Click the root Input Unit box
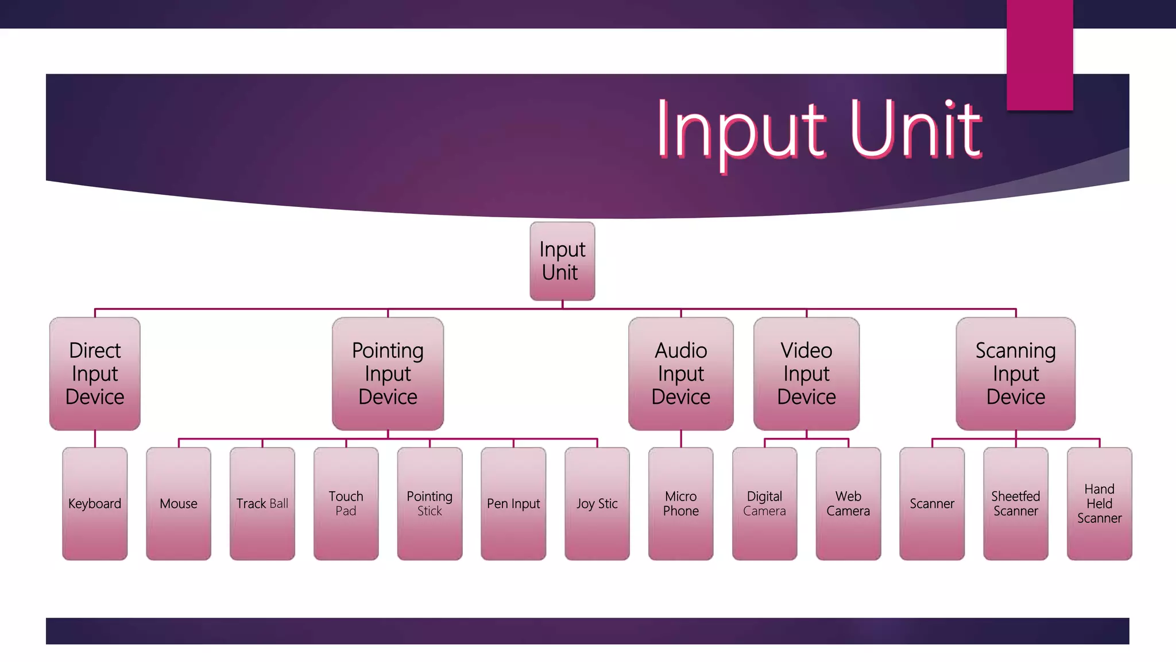[562, 261]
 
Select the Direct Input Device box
[95, 374]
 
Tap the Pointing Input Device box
[388, 374]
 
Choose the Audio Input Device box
[680, 374]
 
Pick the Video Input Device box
[806, 374]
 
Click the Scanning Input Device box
[1015, 374]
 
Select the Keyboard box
[95, 503]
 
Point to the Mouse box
[179, 503]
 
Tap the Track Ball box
[262, 503]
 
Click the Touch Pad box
[346, 503]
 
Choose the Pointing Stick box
[430, 503]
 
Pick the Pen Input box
[513, 503]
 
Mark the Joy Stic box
[597, 503]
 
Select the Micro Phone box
[680, 503]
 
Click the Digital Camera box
[764, 503]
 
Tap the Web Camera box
[848, 503]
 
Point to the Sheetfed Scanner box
[1015, 503]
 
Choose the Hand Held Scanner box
[1099, 503]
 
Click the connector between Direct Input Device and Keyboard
[95, 438]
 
